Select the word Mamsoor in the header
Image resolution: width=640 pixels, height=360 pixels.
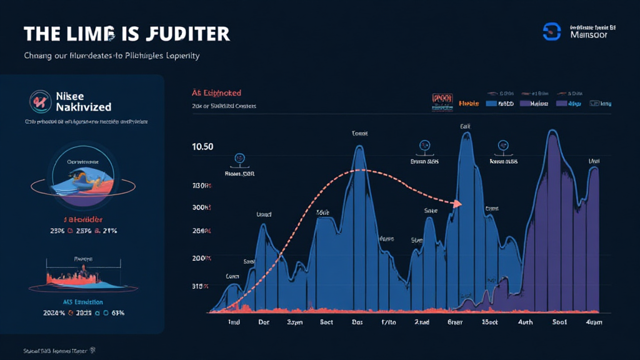[x=589, y=36]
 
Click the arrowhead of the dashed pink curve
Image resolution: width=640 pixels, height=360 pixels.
[x=459, y=203]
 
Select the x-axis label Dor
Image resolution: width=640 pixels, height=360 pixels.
[x=264, y=323]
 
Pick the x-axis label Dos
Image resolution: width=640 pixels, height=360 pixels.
[x=357, y=323]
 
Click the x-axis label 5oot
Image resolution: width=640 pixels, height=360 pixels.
[x=558, y=323]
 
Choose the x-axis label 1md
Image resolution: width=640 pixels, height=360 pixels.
[x=234, y=323]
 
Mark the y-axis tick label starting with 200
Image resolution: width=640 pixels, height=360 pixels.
[x=202, y=258]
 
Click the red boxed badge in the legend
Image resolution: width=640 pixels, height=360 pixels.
[x=441, y=102]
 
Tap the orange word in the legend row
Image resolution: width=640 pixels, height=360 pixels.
[x=468, y=103]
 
